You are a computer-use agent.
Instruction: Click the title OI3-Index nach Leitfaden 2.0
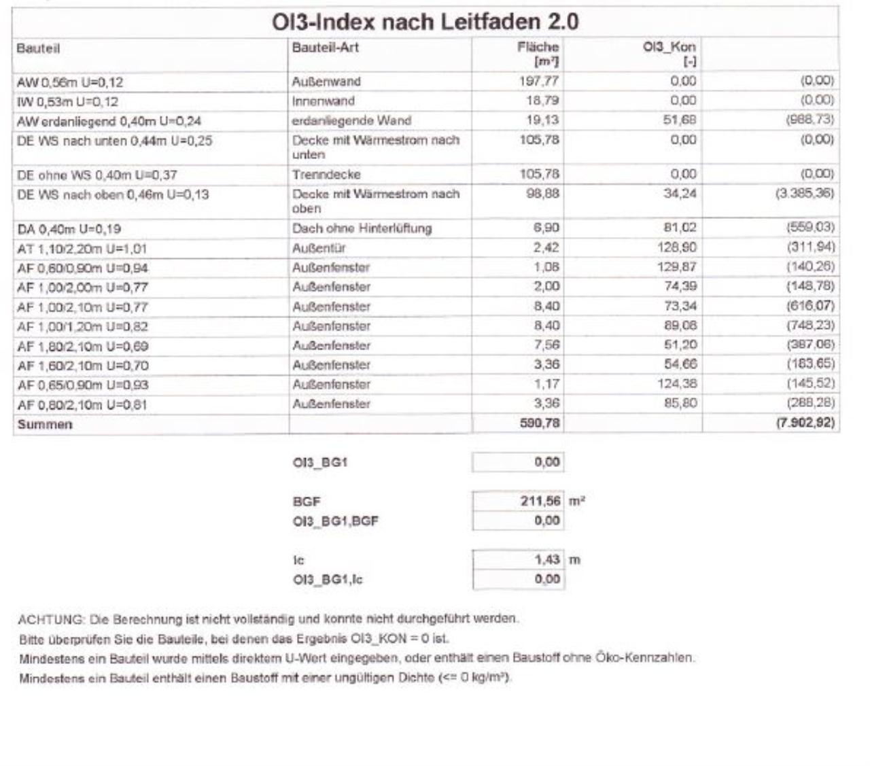pyautogui.click(x=425, y=22)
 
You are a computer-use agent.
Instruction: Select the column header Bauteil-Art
pyautogui.click(x=325, y=48)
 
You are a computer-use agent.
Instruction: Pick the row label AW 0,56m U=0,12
pyautogui.click(x=70, y=82)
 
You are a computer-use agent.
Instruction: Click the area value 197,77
pyautogui.click(x=541, y=82)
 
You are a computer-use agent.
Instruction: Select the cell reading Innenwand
pyautogui.click(x=324, y=101)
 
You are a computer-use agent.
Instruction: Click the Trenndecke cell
pyautogui.click(x=326, y=175)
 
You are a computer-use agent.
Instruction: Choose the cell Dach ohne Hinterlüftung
pyautogui.click(x=362, y=228)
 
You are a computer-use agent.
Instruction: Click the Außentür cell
pyautogui.click(x=319, y=248)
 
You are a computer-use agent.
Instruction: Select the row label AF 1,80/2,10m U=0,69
pyautogui.click(x=82, y=347)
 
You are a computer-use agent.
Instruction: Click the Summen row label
pyautogui.click(x=45, y=425)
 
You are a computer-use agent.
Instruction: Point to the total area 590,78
pyautogui.click(x=541, y=424)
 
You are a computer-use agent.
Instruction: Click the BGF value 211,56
pyautogui.click(x=541, y=502)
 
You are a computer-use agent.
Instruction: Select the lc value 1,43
pyautogui.click(x=547, y=560)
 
